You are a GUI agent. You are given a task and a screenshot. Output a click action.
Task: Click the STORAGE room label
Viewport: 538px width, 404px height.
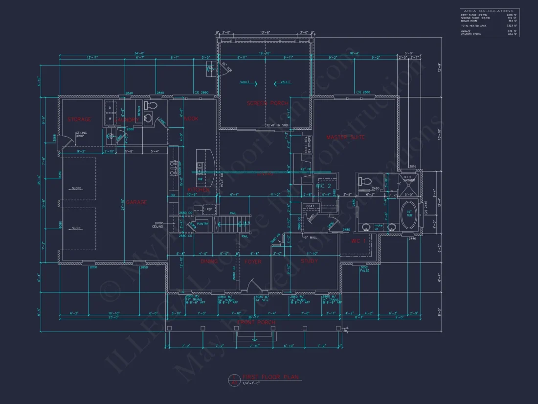[79, 119]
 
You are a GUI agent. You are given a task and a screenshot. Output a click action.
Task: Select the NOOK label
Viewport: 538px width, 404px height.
[191, 119]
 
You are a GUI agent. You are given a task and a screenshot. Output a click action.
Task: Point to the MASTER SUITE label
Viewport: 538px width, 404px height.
[345, 138]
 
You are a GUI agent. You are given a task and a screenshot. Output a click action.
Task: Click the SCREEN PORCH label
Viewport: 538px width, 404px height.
[267, 103]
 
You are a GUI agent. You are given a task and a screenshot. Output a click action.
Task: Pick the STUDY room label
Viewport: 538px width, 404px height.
[309, 261]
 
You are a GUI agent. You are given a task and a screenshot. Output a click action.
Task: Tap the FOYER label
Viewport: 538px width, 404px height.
[252, 262]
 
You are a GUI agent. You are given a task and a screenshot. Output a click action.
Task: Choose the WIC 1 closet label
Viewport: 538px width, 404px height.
[359, 241]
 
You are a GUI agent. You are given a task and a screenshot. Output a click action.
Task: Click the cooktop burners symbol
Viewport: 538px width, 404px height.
[173, 168]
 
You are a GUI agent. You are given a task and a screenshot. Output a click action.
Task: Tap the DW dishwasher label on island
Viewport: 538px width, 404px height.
[200, 179]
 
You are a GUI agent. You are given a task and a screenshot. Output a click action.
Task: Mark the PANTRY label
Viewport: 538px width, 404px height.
[203, 224]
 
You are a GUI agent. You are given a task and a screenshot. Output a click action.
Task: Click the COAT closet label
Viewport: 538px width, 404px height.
[310, 206]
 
